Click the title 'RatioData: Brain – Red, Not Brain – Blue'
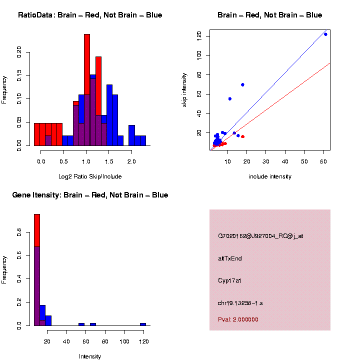pyautogui.click(x=90, y=15)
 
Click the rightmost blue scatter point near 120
pyautogui.click(x=325, y=34)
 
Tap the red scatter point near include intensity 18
pyautogui.click(x=242, y=136)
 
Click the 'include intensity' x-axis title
pyautogui.click(x=270, y=176)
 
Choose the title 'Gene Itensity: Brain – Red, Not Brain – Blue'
pyautogui.click(x=90, y=195)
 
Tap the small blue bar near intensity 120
pyautogui.click(x=143, y=324)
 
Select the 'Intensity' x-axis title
pyautogui.click(x=90, y=356)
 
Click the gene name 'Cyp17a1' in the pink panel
pyautogui.click(x=230, y=280)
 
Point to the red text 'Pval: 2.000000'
pyautogui.click(x=238, y=319)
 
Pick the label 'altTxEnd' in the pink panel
pyautogui.click(x=230, y=258)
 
